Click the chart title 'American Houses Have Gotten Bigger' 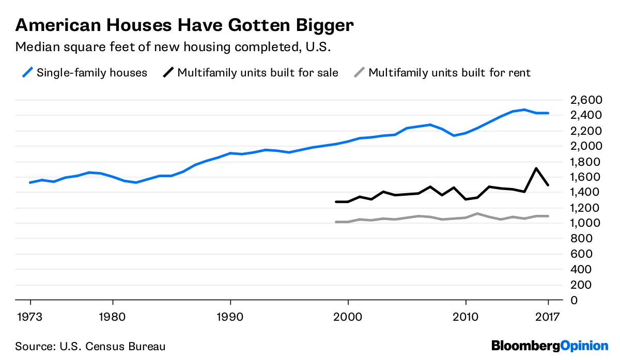pyautogui.click(x=184, y=25)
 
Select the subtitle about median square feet pyautogui.click(x=173, y=47)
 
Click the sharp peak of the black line pyautogui.click(x=536, y=168)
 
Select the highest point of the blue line pyautogui.click(x=524, y=109)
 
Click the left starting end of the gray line pyautogui.click(x=336, y=222)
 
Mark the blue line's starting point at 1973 pyautogui.click(x=30, y=182)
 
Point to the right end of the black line pyautogui.click(x=548, y=185)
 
